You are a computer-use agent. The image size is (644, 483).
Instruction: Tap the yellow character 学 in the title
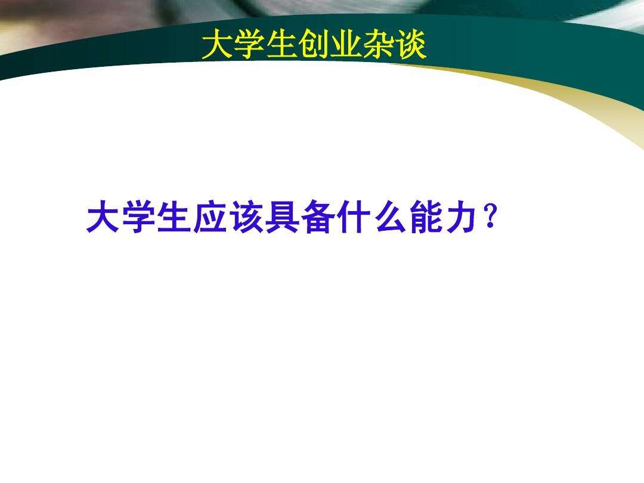tap(250, 46)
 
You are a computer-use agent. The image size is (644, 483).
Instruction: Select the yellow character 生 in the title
tap(282, 46)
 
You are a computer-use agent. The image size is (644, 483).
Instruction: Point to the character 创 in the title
tap(314, 46)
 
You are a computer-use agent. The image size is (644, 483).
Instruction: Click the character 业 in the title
tap(346, 46)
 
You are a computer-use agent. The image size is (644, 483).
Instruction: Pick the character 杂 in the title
tap(379, 46)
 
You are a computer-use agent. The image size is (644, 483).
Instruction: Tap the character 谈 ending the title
tap(411, 46)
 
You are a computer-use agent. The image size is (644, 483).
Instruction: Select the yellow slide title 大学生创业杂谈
tap(314, 46)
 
